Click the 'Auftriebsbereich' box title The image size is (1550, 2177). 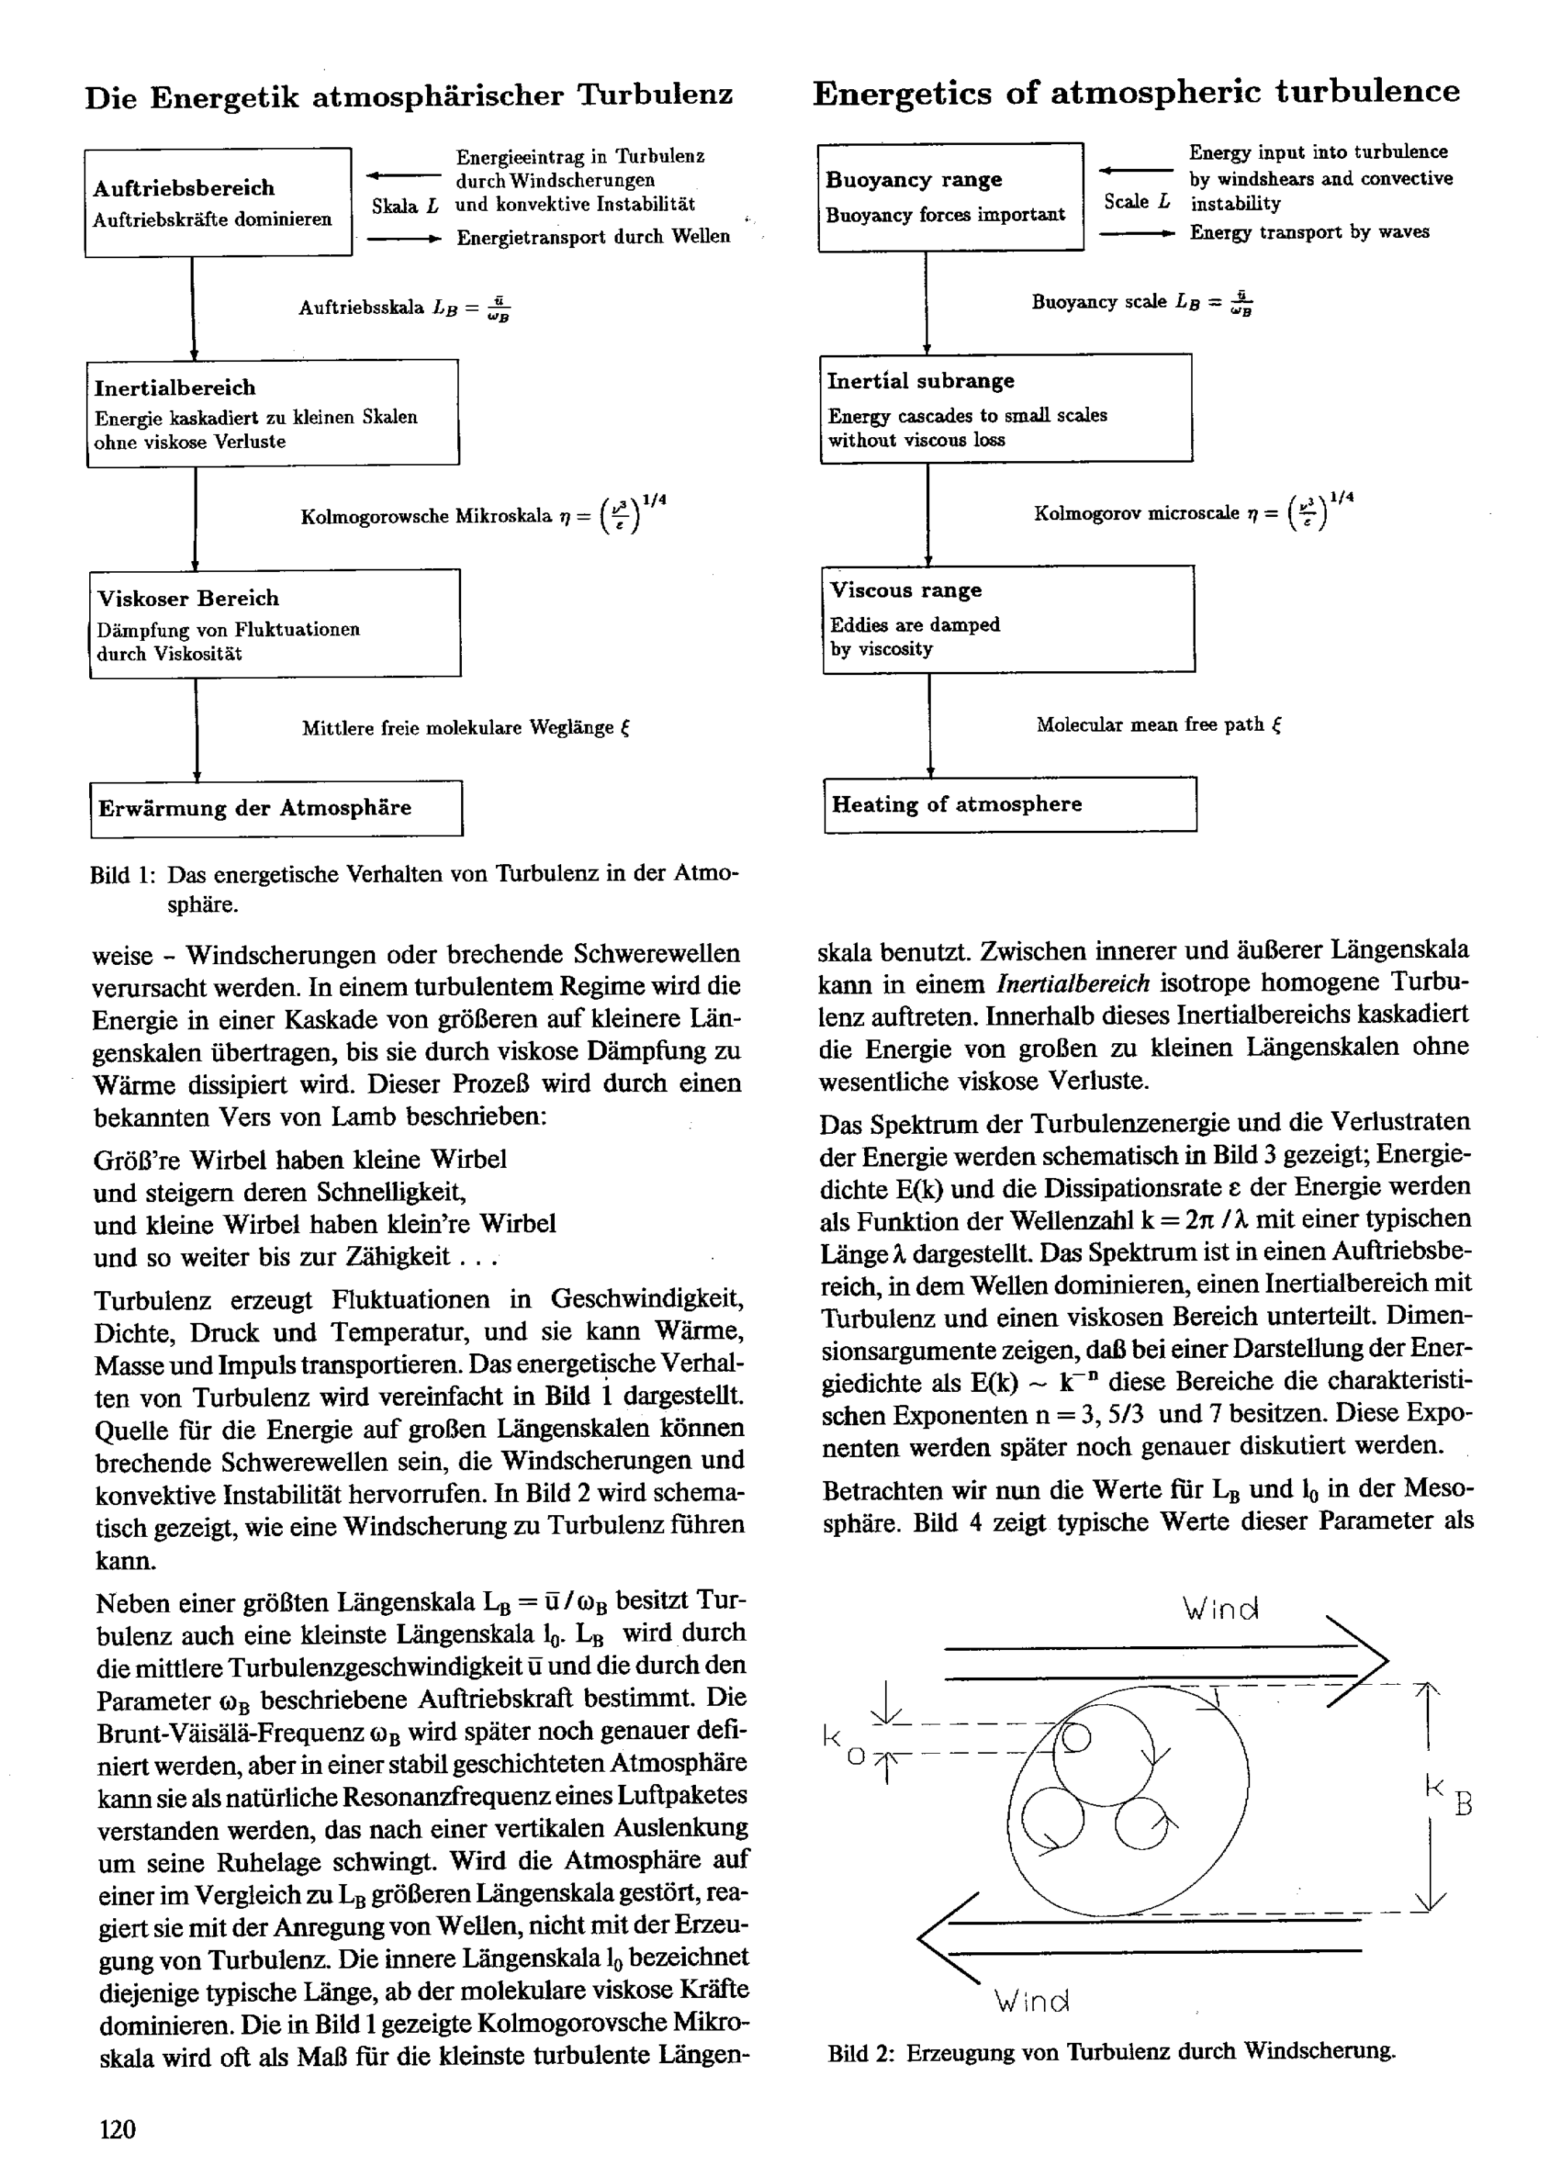pos(183,188)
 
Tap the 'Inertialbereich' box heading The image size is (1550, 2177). pos(174,388)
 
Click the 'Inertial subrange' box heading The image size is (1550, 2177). pos(920,381)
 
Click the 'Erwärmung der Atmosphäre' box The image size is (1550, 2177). pos(276,808)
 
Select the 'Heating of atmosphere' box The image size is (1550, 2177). pos(1010,804)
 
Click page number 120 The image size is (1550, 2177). pos(117,2129)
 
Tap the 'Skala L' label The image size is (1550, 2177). pos(405,206)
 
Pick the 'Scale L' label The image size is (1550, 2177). pos(1137,202)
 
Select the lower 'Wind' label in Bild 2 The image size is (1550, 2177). pos(1032,2000)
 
